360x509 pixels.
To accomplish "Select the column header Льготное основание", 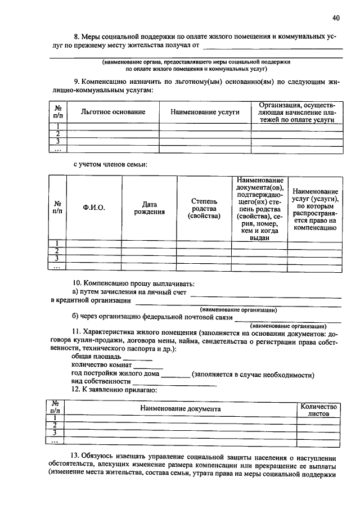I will click(113, 112).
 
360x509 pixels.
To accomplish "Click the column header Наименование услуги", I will click(205, 112).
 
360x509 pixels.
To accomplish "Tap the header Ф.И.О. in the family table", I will click(94, 208).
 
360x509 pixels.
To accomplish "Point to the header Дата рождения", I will click(149, 208).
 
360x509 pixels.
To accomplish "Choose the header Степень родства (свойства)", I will click(204, 208).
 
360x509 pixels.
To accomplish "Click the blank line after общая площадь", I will click(138, 359).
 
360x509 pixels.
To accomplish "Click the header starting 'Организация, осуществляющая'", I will click(296, 112).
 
